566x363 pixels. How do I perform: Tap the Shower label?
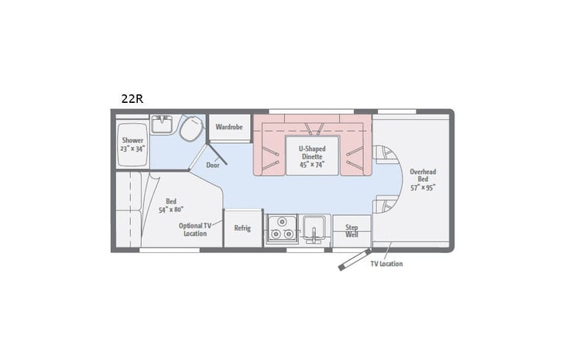[132, 140]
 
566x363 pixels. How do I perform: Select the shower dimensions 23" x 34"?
[132, 149]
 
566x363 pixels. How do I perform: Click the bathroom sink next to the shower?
[162, 124]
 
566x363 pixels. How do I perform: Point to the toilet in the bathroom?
[190, 128]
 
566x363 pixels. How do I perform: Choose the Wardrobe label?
[229, 126]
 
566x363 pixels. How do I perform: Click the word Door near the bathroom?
[213, 165]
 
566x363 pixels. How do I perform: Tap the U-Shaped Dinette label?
[313, 151]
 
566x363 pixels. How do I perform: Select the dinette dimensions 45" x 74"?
[313, 164]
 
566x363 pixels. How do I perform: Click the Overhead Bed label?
[423, 175]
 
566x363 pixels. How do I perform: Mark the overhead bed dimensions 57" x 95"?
[423, 187]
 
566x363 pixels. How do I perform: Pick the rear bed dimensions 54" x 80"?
[171, 209]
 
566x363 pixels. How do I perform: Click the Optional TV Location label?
[193, 229]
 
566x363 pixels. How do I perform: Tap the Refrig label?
[242, 228]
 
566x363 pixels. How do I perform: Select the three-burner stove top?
[282, 230]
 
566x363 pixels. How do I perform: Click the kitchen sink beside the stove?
[315, 228]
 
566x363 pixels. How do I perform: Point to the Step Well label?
[351, 231]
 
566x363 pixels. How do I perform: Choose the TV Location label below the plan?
[386, 264]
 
